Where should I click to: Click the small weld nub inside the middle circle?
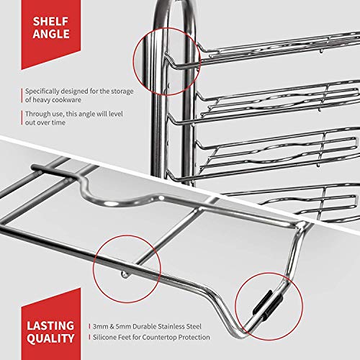pyautogui.click(x=124, y=274)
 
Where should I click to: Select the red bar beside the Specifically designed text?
pyautogui.click(x=20, y=96)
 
